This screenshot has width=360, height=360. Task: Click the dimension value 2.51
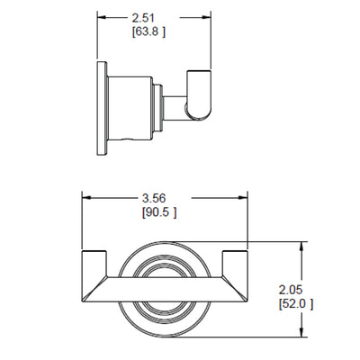(143, 18)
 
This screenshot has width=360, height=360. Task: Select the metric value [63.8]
(148, 31)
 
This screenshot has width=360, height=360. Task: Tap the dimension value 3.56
(154, 198)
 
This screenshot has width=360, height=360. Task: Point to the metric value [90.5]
(159, 212)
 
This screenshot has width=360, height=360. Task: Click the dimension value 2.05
(291, 290)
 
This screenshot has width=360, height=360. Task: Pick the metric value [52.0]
(296, 304)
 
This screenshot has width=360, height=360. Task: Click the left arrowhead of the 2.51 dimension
(102, 18)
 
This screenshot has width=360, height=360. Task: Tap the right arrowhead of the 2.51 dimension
(206, 18)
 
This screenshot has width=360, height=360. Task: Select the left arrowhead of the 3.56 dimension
(87, 198)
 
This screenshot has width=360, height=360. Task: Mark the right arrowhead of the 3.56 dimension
(243, 198)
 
